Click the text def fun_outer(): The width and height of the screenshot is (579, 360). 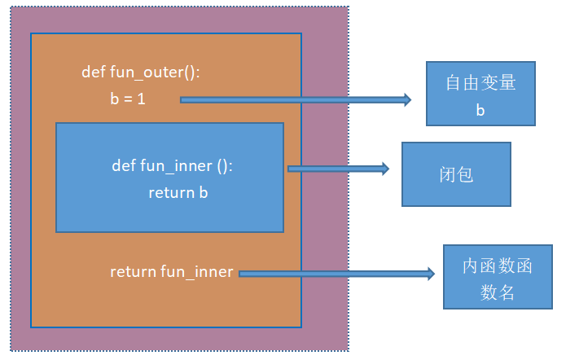141,72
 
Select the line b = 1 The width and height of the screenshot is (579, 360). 128,99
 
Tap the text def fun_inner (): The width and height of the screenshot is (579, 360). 173,166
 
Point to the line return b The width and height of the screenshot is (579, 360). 183,193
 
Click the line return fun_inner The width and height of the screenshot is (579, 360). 172,272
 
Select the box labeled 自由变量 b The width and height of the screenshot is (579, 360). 480,94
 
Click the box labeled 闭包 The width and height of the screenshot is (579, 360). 455,174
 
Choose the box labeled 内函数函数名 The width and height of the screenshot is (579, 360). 498,278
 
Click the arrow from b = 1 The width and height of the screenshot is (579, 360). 293,100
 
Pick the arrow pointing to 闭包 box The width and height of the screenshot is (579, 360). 338,169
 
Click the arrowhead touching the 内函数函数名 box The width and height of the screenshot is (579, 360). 431,274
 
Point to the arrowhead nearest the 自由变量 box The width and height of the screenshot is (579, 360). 406,100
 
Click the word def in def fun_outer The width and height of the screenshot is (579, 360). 93,72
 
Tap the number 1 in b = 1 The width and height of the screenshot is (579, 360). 142,99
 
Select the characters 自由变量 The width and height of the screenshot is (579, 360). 480,84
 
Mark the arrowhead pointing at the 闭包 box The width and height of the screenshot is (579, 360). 384,169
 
